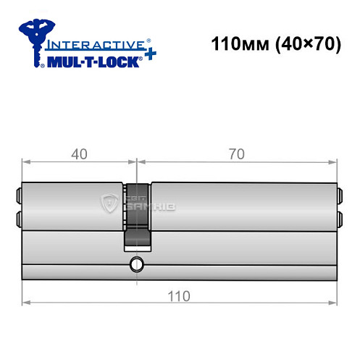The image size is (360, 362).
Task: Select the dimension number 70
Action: click(235, 153)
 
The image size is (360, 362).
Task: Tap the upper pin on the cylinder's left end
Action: click(18, 194)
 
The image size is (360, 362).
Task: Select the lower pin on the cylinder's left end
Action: click(18, 218)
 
